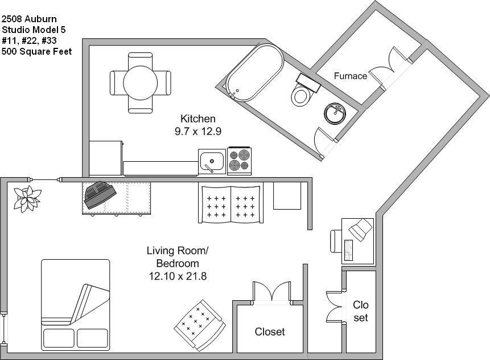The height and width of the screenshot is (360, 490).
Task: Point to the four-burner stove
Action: point(240,161)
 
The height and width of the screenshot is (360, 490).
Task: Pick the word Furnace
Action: point(350,76)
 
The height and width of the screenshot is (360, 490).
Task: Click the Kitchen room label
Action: point(197,119)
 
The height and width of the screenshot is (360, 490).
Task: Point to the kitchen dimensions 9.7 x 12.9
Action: point(197,131)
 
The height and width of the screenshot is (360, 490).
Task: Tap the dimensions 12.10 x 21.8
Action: point(178,276)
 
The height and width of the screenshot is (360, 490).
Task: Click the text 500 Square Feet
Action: point(36,51)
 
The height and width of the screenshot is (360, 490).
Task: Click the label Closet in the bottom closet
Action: point(270,332)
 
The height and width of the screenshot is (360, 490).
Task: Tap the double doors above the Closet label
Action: point(272,293)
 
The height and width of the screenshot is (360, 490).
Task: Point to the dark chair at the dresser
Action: point(100,193)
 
